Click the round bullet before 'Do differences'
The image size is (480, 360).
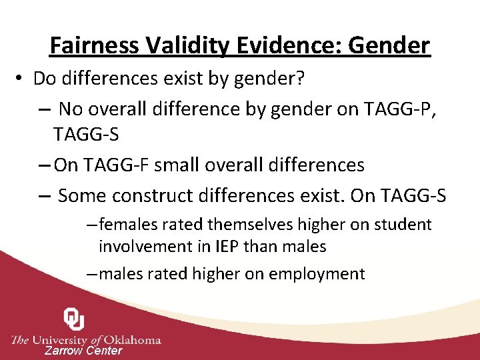[21, 79]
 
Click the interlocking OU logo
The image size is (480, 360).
[73, 320]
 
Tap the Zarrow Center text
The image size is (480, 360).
[83, 351]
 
